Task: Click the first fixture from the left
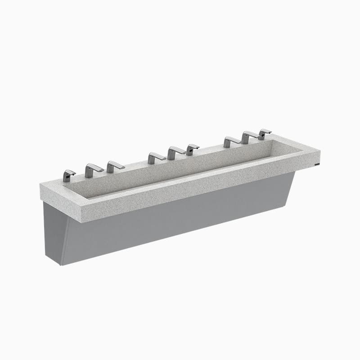point(68,175)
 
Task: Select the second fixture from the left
point(93,170)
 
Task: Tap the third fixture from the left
point(114,166)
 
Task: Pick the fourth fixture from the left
point(156,158)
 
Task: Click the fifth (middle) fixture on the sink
point(175,153)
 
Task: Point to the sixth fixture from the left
point(192,149)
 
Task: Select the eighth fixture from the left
point(248,137)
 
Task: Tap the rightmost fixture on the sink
point(264,134)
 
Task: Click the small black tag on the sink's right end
point(318,165)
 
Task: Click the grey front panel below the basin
point(180,220)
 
